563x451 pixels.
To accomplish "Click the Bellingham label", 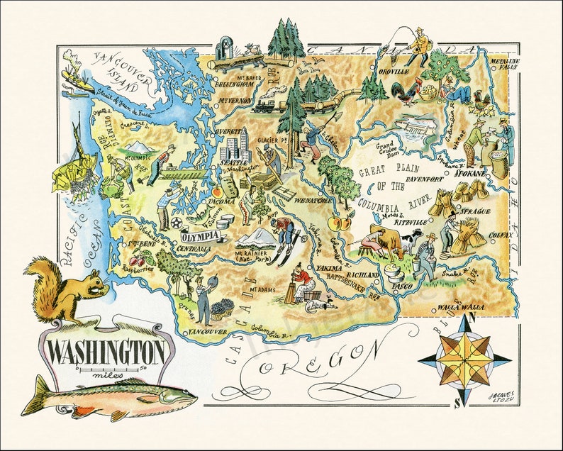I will click(234, 83).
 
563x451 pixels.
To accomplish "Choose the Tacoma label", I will click(220, 201).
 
